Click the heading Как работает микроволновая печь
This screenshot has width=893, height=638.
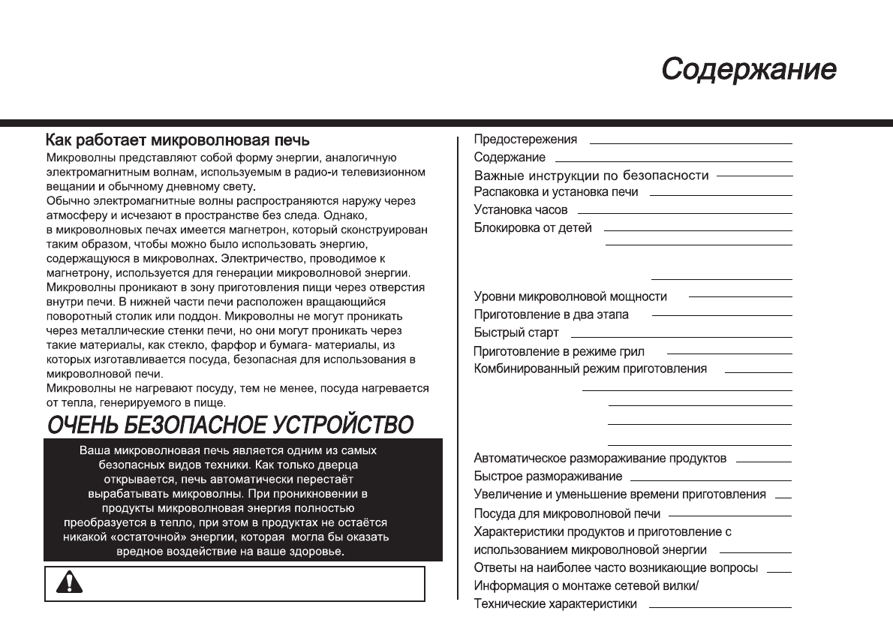pyautogui.click(x=177, y=140)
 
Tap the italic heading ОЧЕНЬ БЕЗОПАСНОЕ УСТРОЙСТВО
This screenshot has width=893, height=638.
pyautogui.click(x=230, y=425)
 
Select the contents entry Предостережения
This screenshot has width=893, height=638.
pyautogui.click(x=525, y=140)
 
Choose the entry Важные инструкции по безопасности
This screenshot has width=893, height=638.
pyautogui.click(x=591, y=176)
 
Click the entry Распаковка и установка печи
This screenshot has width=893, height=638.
pyautogui.click(x=556, y=192)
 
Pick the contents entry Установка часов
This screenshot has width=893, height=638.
pyautogui.click(x=521, y=210)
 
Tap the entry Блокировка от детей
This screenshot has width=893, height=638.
pyautogui.click(x=533, y=228)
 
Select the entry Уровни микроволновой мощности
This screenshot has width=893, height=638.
pyautogui.click(x=570, y=297)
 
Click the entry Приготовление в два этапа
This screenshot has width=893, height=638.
pyautogui.click(x=552, y=314)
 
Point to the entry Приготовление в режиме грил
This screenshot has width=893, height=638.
pyautogui.click(x=559, y=351)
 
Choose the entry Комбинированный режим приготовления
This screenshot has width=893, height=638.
pyautogui.click(x=591, y=369)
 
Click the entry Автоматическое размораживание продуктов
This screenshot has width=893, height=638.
pyautogui.click(x=600, y=458)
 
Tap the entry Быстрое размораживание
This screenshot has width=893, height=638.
pyautogui.click(x=548, y=477)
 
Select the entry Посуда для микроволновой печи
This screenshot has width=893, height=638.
pyautogui.click(x=567, y=514)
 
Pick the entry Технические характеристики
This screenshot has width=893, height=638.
pyautogui.click(x=555, y=604)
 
